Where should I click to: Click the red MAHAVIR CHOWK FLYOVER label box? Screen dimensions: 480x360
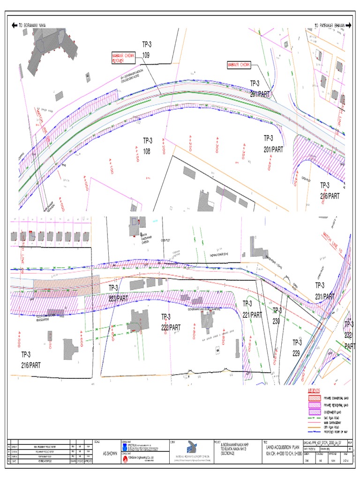pyautogui.click(x=123, y=58)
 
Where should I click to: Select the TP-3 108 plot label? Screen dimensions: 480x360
pyautogui.click(x=147, y=146)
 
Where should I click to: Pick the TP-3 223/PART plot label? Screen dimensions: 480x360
pyautogui.click(x=118, y=292)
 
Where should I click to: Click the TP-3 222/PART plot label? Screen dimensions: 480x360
pyautogui.click(x=171, y=322)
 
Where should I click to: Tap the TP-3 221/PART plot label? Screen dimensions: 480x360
pyautogui.click(x=252, y=309)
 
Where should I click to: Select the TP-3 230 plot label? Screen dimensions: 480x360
pyautogui.click(x=277, y=316)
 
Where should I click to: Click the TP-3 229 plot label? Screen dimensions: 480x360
pyautogui.click(x=297, y=347)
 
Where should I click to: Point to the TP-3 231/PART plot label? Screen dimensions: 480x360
pyautogui.click(x=324, y=291)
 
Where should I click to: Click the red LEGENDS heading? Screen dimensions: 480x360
pyautogui.click(x=314, y=390)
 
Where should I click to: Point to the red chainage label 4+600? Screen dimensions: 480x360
pyautogui.click(x=82, y=338)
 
